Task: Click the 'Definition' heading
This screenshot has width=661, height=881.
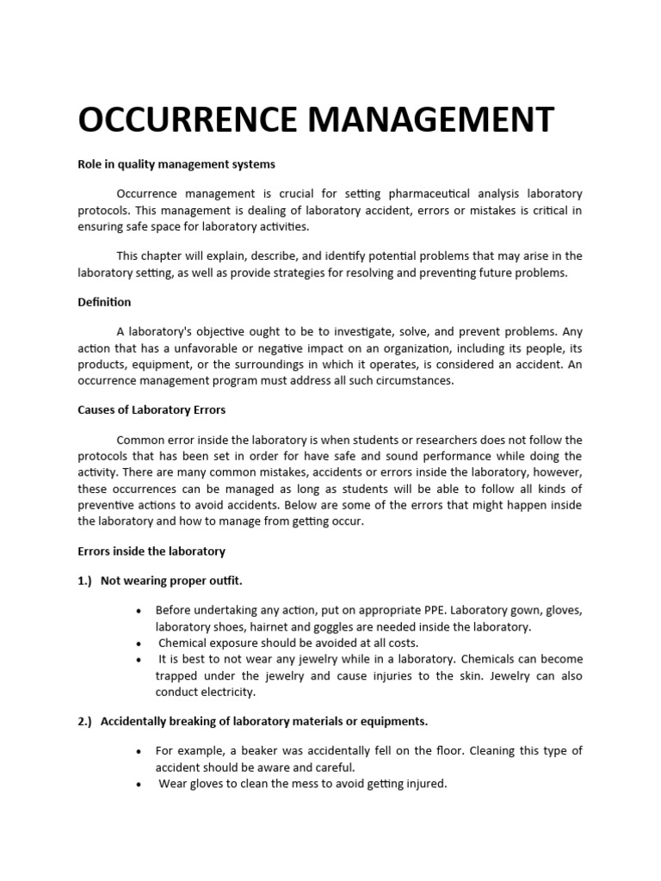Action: (104, 302)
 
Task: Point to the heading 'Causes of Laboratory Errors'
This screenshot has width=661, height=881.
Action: (151, 410)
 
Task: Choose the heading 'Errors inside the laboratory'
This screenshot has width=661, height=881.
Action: (151, 551)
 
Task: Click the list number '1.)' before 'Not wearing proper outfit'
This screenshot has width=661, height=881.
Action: (86, 581)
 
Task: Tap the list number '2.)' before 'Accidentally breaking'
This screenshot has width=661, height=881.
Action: (86, 721)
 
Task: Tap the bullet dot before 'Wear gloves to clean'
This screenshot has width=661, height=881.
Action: (139, 785)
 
